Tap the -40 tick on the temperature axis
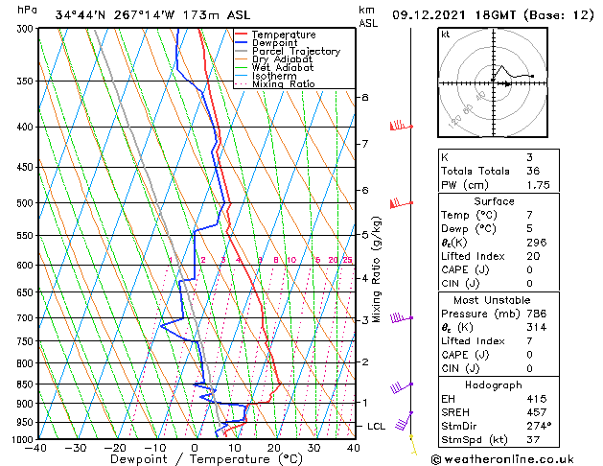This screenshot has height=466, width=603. (37, 447)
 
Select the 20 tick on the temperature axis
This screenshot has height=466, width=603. (274, 447)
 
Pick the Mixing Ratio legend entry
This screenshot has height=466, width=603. (283, 84)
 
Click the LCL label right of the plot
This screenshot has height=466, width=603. (378, 426)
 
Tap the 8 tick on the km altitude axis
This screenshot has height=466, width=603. (364, 98)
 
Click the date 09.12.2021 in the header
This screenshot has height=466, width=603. (431, 15)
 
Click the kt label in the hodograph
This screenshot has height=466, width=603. (445, 34)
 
